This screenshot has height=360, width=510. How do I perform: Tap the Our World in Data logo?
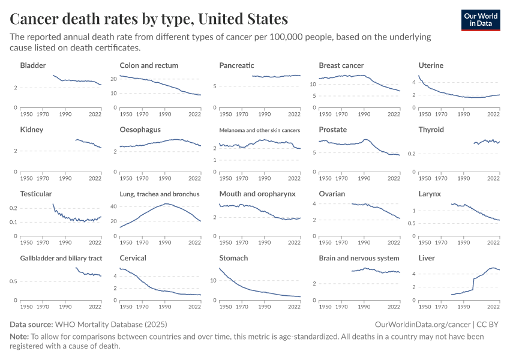[481, 19]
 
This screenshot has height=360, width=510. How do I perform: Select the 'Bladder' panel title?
[33, 65]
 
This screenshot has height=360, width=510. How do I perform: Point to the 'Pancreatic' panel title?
[236, 65]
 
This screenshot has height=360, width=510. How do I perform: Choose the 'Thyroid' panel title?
[431, 130]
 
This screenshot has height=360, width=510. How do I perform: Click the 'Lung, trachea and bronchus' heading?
[160, 194]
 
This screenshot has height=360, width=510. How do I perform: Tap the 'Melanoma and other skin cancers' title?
[259, 130]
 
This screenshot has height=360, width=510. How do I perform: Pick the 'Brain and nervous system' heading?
[359, 258]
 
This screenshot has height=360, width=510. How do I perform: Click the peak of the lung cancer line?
[166, 204]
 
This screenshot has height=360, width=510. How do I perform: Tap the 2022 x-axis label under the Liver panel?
[493, 307]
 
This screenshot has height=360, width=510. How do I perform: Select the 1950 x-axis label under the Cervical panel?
[126, 307]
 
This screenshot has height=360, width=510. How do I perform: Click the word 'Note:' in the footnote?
[19, 337]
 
